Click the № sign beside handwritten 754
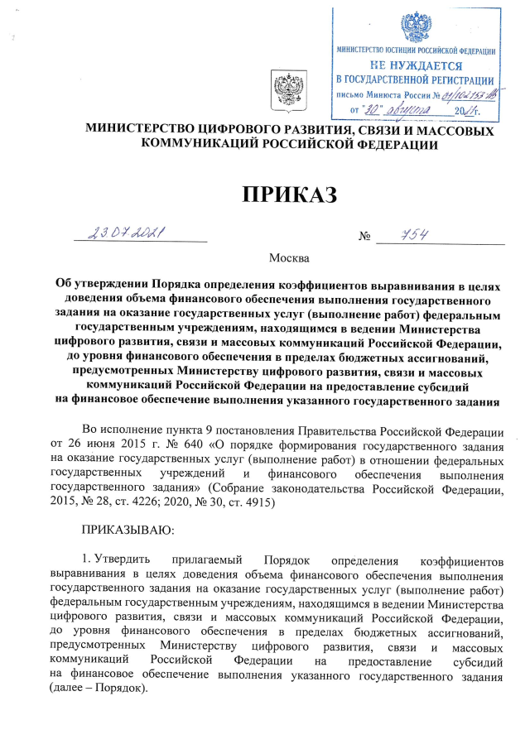(364, 238)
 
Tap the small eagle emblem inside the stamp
(415, 25)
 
